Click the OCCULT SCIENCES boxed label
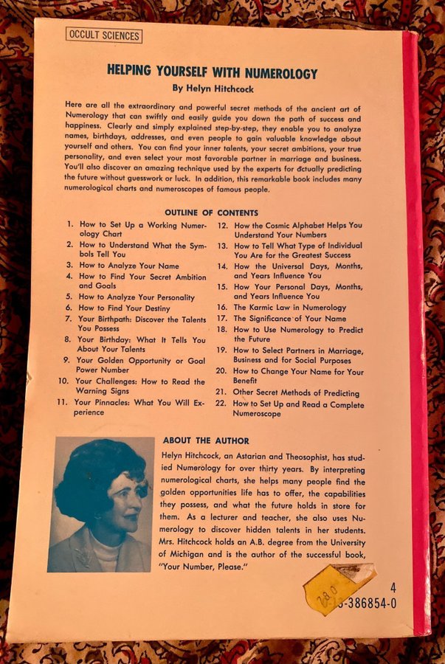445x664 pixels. [x=103, y=34]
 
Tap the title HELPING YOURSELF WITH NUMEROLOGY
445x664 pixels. [x=213, y=73]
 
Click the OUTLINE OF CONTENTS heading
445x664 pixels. [x=211, y=212]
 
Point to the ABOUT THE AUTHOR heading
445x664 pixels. [x=206, y=440]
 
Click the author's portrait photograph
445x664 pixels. [x=101, y=504]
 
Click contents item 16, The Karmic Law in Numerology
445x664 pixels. [x=289, y=307]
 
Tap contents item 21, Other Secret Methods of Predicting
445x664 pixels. [x=296, y=393]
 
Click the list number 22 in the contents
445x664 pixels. [x=220, y=404]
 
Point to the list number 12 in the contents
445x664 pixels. [x=221, y=224]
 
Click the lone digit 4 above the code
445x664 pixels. [x=393, y=588]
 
